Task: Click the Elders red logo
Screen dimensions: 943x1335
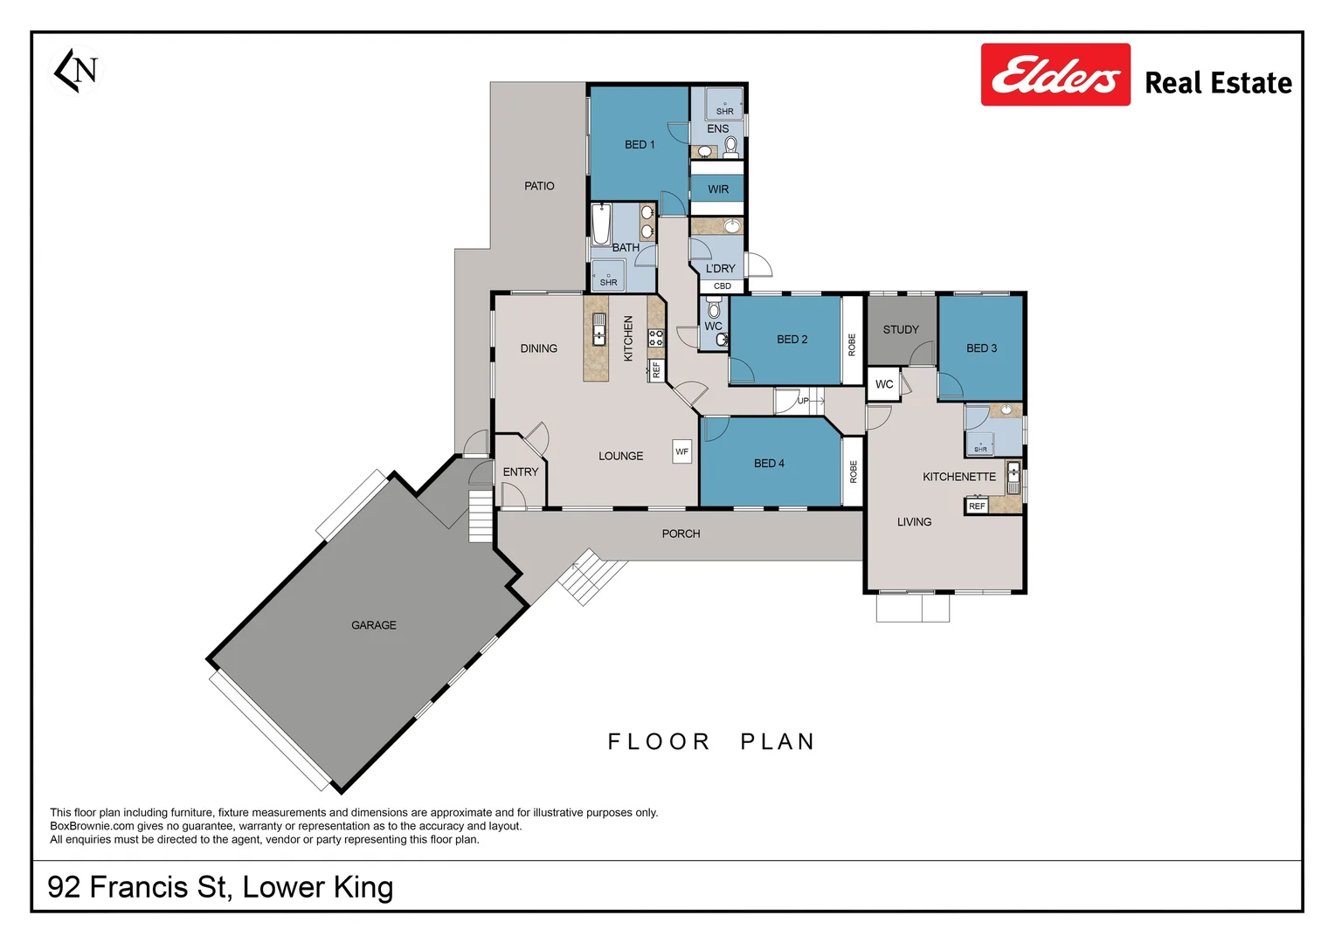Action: pyautogui.click(x=1055, y=75)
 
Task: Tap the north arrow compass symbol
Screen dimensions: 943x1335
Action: pyautogui.click(x=77, y=70)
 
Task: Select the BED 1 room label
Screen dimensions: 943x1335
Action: pyautogui.click(x=639, y=145)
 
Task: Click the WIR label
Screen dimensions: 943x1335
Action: pyautogui.click(x=717, y=189)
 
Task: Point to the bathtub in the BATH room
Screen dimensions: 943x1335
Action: pyautogui.click(x=601, y=225)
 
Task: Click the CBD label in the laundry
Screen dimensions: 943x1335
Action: pyautogui.click(x=722, y=286)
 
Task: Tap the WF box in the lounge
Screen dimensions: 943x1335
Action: pyautogui.click(x=681, y=451)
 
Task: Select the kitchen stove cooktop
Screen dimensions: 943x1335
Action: pyautogui.click(x=655, y=338)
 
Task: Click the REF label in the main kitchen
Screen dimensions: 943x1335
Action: pyautogui.click(x=656, y=370)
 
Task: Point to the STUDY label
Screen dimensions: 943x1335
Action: pyautogui.click(x=901, y=330)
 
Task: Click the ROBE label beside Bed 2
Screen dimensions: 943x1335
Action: pyautogui.click(x=852, y=344)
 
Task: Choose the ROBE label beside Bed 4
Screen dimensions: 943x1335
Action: pyautogui.click(x=853, y=471)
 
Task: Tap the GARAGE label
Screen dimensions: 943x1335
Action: pyautogui.click(x=373, y=625)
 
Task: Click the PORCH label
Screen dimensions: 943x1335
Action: pyautogui.click(x=681, y=533)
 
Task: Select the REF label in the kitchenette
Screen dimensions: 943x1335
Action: pyautogui.click(x=977, y=506)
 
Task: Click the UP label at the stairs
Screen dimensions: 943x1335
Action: pyautogui.click(x=803, y=402)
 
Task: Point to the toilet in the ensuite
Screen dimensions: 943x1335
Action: pyautogui.click(x=730, y=146)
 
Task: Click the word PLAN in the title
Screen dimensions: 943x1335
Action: pyautogui.click(x=777, y=742)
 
